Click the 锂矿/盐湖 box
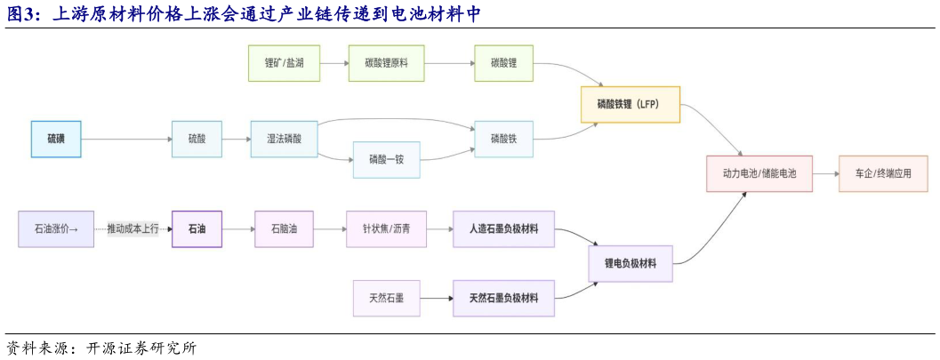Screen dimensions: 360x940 tap(284, 63)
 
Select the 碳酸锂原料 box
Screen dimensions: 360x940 tap(387, 63)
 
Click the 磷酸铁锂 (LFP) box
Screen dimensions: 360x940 tap(631, 104)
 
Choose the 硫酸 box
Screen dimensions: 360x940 tap(197, 139)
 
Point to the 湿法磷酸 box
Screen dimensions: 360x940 tap(285, 139)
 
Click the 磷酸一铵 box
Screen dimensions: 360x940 tap(387, 160)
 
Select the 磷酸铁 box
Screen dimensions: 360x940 tap(503, 139)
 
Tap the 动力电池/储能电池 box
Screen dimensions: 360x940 tap(759, 173)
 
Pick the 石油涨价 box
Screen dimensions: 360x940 tap(55, 228)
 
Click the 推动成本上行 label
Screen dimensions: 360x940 tap(133, 228)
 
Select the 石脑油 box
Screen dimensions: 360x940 tap(285, 228)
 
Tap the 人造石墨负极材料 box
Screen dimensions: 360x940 tap(503, 228)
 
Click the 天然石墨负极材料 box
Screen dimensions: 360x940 tap(503, 298)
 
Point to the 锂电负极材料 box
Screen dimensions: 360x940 tap(631, 263)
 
